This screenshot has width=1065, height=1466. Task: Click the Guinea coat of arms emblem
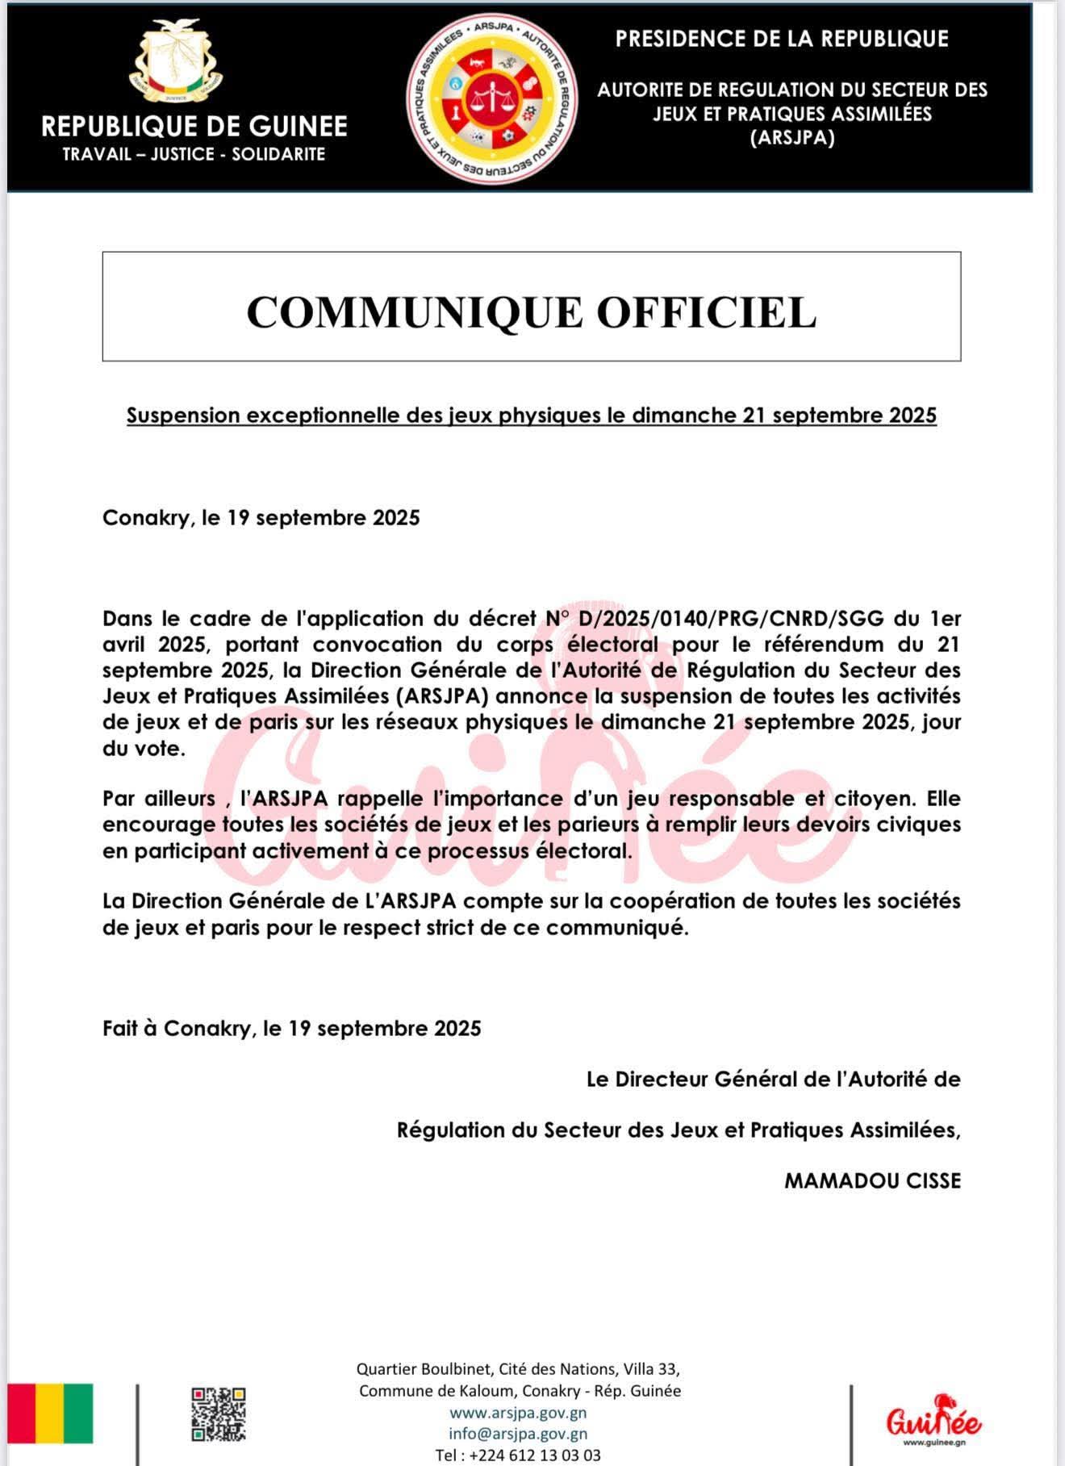(x=176, y=65)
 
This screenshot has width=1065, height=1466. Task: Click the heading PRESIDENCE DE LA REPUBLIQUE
(x=781, y=39)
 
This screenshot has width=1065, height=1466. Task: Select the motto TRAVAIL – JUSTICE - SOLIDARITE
(x=194, y=154)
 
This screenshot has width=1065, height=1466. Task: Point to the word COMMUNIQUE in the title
(x=414, y=312)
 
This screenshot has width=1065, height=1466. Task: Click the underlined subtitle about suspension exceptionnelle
(x=531, y=416)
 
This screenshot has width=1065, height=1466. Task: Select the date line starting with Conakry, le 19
(x=261, y=518)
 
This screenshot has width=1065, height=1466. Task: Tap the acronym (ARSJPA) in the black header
(x=792, y=138)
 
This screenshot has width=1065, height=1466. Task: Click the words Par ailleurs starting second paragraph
(x=158, y=799)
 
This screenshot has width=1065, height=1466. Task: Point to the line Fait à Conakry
(x=291, y=1029)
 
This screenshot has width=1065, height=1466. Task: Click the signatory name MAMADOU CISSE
(x=872, y=1181)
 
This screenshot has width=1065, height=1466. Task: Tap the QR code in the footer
(x=218, y=1414)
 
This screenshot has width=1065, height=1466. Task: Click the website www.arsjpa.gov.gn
(x=518, y=1413)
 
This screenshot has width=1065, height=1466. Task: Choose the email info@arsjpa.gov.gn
(x=518, y=1434)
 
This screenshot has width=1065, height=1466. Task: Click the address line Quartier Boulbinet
(x=518, y=1369)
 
